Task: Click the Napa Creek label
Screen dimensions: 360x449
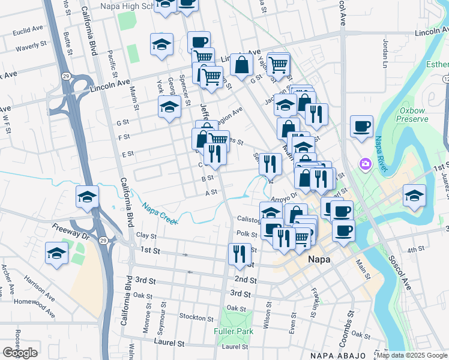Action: (x=159, y=214)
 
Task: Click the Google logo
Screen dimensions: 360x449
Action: (x=20, y=353)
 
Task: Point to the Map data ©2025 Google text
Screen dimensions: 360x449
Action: (x=411, y=355)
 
